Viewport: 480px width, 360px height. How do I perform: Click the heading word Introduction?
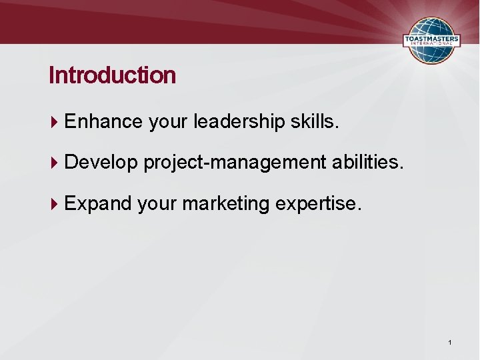[112, 75]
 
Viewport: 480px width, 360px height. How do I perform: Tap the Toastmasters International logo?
[432, 40]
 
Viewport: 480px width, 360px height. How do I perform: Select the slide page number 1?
[450, 342]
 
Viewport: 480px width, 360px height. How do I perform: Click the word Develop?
[101, 162]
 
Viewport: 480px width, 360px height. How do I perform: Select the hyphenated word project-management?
[234, 162]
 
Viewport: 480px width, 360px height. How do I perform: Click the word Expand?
[98, 203]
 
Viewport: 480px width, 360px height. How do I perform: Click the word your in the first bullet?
[168, 122]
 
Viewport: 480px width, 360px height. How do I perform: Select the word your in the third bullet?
[157, 204]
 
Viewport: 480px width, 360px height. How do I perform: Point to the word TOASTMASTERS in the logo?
[432, 39]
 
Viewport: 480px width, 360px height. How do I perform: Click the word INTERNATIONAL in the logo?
[432, 46]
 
